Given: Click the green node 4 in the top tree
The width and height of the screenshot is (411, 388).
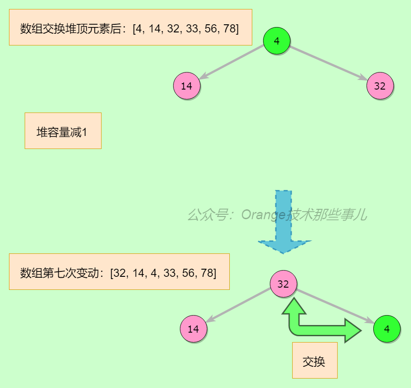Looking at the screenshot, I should click(277, 41).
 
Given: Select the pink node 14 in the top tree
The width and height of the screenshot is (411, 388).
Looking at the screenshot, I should click(187, 86).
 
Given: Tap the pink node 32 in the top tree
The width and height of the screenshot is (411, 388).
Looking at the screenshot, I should click(380, 86).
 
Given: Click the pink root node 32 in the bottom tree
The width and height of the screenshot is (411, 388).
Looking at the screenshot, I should click(283, 284).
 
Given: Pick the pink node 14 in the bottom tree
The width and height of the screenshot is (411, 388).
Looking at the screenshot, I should click(193, 329).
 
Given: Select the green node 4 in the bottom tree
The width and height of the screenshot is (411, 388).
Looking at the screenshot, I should click(387, 329).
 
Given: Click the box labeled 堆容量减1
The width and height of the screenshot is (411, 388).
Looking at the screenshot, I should click(63, 131).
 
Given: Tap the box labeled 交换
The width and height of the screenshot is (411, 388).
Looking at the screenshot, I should click(314, 361).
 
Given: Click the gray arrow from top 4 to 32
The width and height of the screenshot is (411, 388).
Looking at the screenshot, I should click(328, 63).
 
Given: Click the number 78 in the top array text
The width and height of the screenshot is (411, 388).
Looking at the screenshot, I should click(229, 29).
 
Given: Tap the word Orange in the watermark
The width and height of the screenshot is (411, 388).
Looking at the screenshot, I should click(264, 215).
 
